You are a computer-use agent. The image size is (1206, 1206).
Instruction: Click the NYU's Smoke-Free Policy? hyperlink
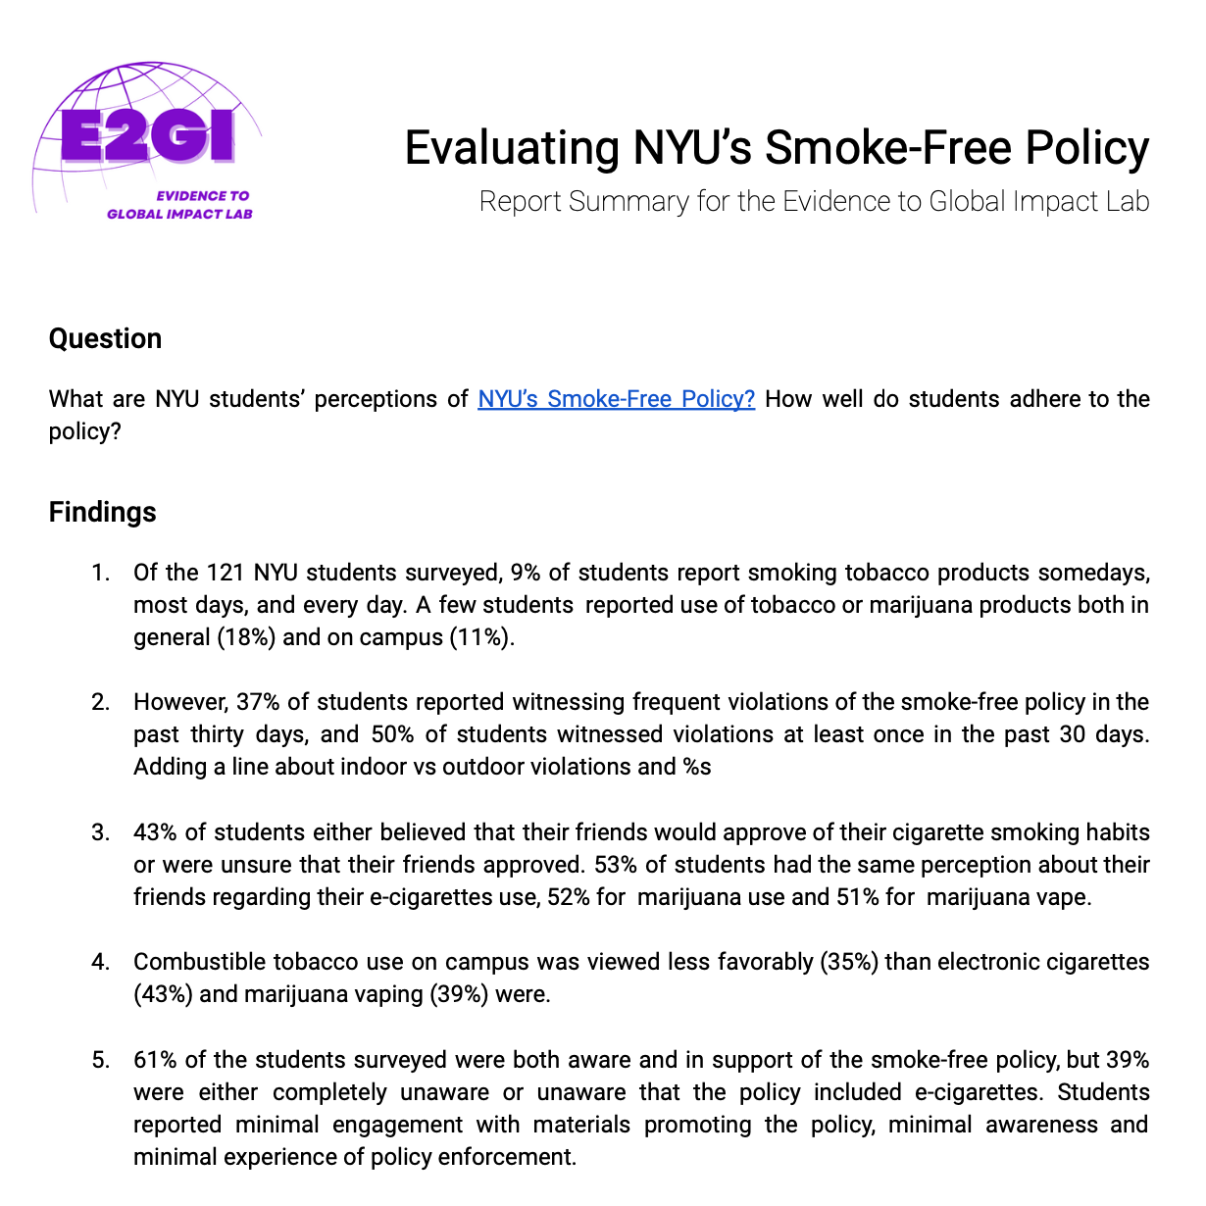(616, 399)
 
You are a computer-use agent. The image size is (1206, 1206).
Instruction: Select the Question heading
(105, 338)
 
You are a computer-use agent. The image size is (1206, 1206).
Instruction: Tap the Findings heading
(102, 512)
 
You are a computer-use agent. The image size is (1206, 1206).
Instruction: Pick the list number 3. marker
(100, 832)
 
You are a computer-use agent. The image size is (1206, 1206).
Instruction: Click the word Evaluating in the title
(512, 148)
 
